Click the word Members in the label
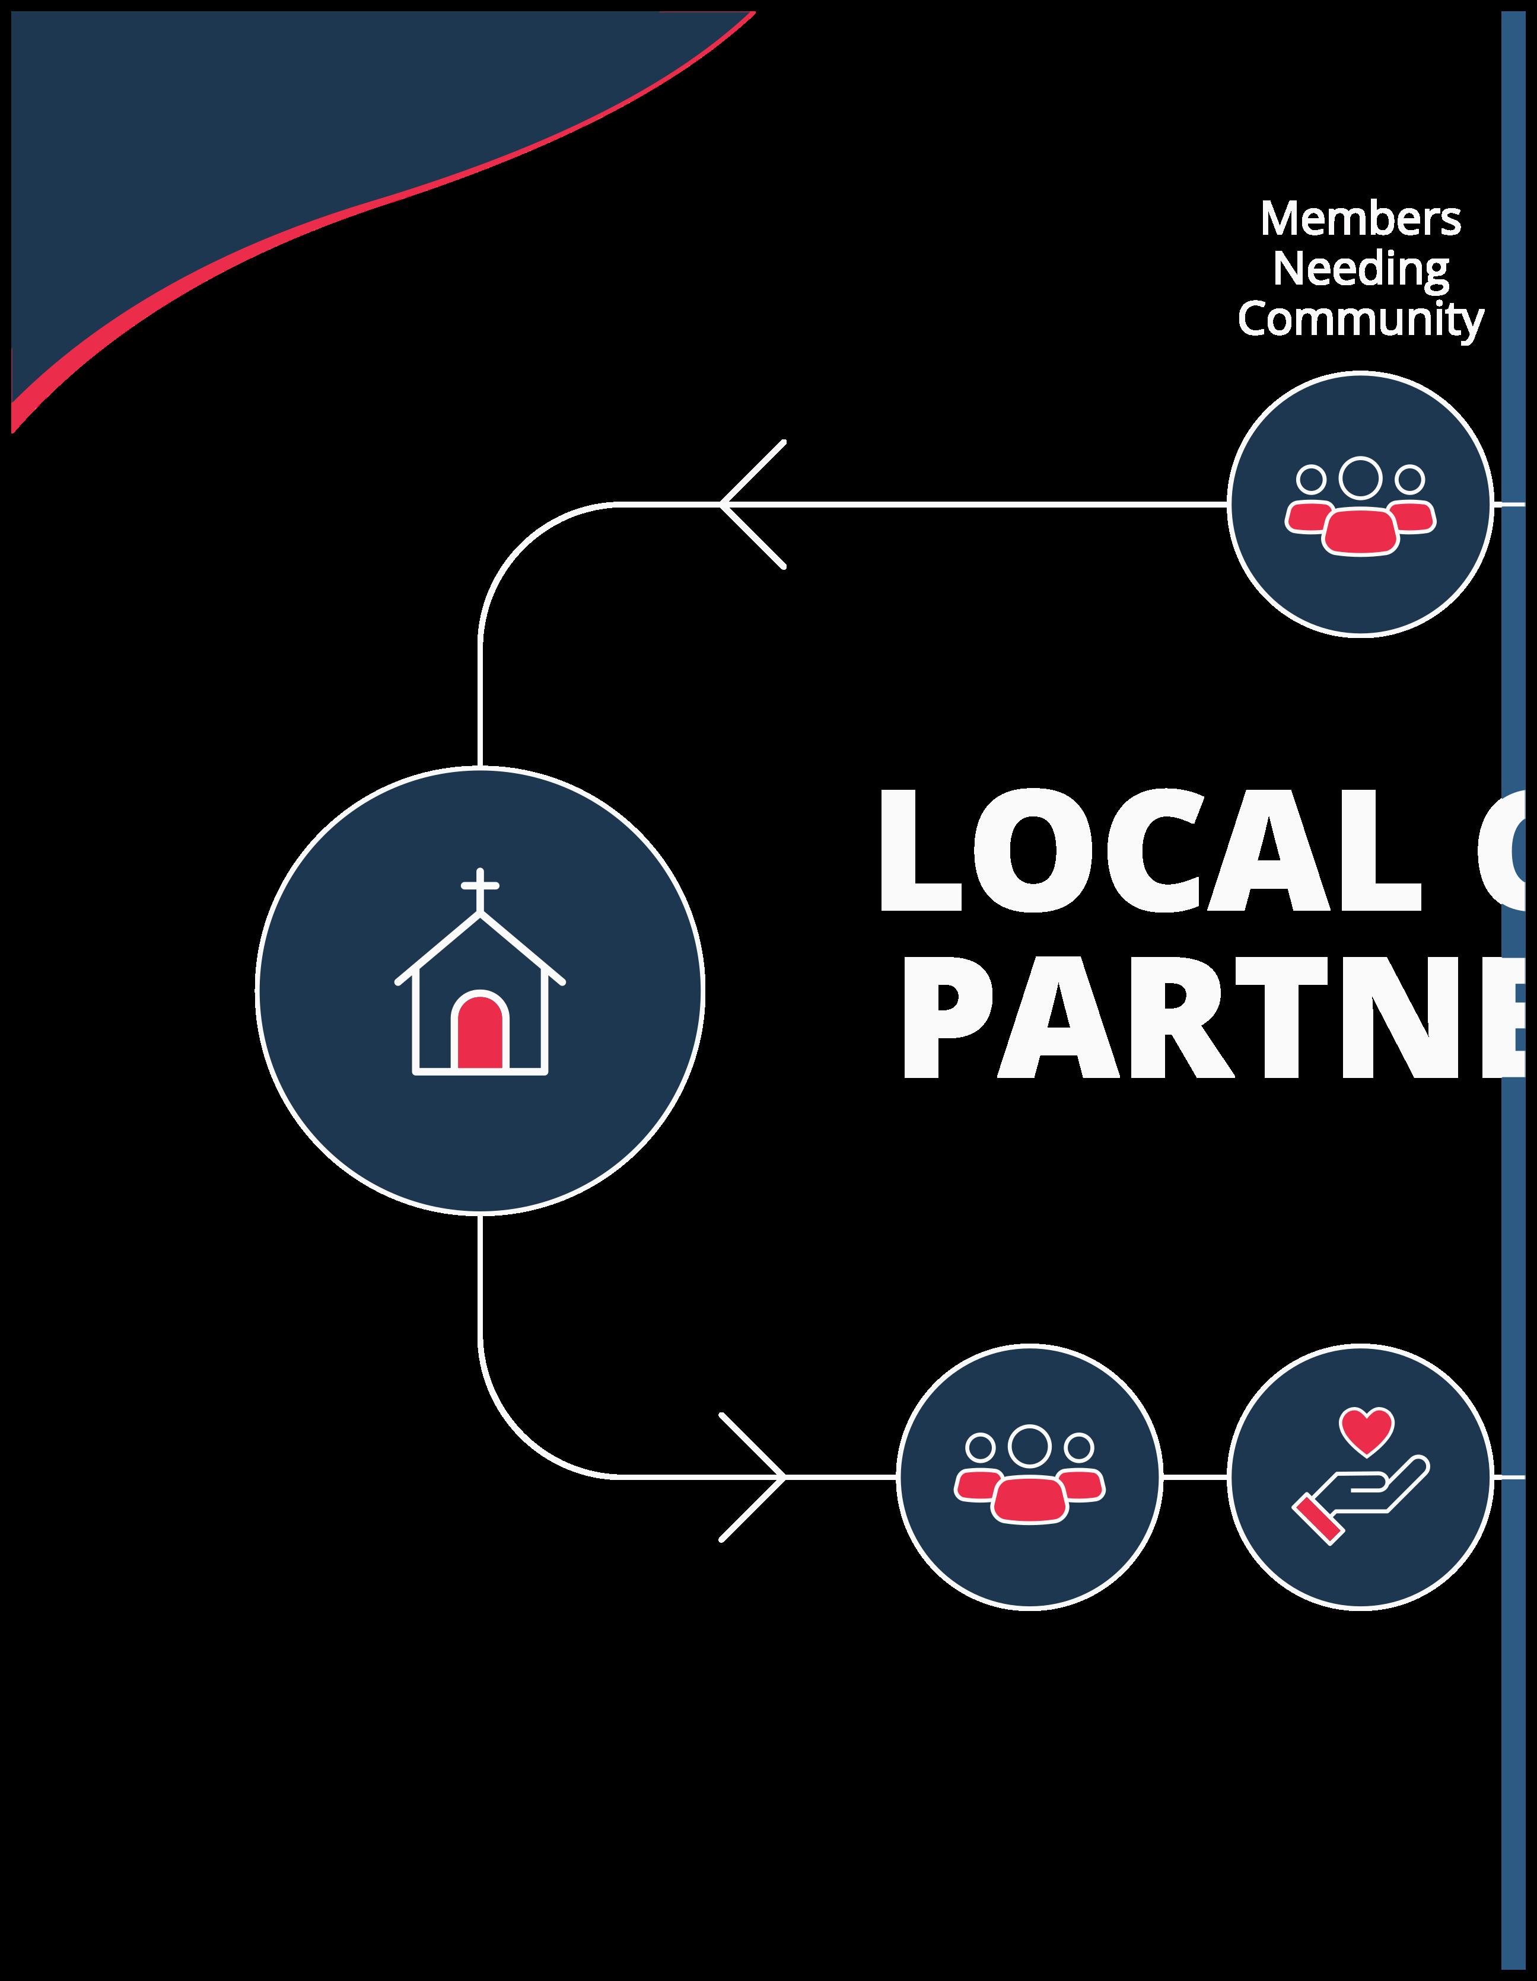click(1360, 219)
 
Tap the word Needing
click(1360, 269)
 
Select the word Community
click(1360, 319)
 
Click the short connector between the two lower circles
click(1195, 1476)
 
